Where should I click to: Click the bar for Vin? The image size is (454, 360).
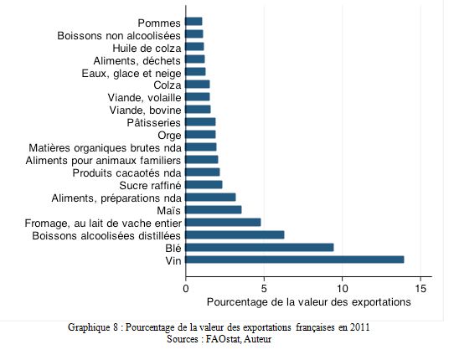(295, 260)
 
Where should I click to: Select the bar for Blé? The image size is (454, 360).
(260, 248)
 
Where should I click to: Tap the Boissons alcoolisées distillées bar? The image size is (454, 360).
(235, 234)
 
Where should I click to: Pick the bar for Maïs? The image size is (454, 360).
(214, 210)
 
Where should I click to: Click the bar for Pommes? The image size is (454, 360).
(193, 22)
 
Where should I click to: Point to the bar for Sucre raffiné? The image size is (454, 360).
(204, 185)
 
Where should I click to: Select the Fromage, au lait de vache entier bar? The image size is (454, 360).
(223, 222)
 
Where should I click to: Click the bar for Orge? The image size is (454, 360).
(200, 135)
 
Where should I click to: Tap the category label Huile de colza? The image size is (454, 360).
(147, 48)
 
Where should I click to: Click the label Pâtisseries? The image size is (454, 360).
(154, 123)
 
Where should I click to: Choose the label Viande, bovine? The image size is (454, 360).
(146, 111)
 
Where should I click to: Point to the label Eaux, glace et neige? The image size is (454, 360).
(132, 74)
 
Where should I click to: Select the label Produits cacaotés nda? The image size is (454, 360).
(126, 173)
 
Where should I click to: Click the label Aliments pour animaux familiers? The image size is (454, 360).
(103, 160)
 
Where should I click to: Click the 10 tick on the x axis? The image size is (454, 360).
(343, 289)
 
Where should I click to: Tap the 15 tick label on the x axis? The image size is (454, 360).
(420, 289)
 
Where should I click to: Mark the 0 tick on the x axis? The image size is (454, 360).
(186, 289)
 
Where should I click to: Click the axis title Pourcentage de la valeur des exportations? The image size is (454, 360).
(308, 302)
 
